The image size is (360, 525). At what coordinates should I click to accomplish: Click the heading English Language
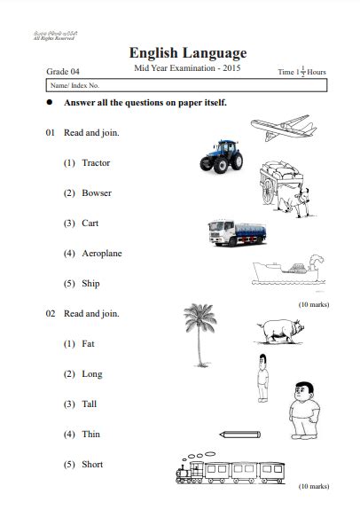tap(187, 53)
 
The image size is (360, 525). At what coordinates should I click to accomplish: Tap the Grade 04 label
tap(63, 70)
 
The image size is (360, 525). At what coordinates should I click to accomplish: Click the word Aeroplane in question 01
tap(102, 254)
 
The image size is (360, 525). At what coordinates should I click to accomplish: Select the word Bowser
tap(97, 193)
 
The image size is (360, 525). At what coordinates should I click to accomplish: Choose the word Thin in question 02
tap(91, 435)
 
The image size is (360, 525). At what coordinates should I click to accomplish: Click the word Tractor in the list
tap(96, 163)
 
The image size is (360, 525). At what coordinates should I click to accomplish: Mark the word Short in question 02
tap(92, 465)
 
